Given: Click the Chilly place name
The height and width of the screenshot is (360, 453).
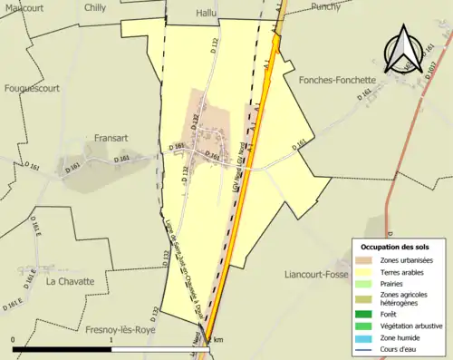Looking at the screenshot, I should pyautogui.click(x=94, y=6).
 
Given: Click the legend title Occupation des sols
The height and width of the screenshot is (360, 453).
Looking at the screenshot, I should pyautogui.click(x=397, y=247).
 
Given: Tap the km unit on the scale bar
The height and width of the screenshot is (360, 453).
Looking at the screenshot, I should pyautogui.click(x=217, y=340).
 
